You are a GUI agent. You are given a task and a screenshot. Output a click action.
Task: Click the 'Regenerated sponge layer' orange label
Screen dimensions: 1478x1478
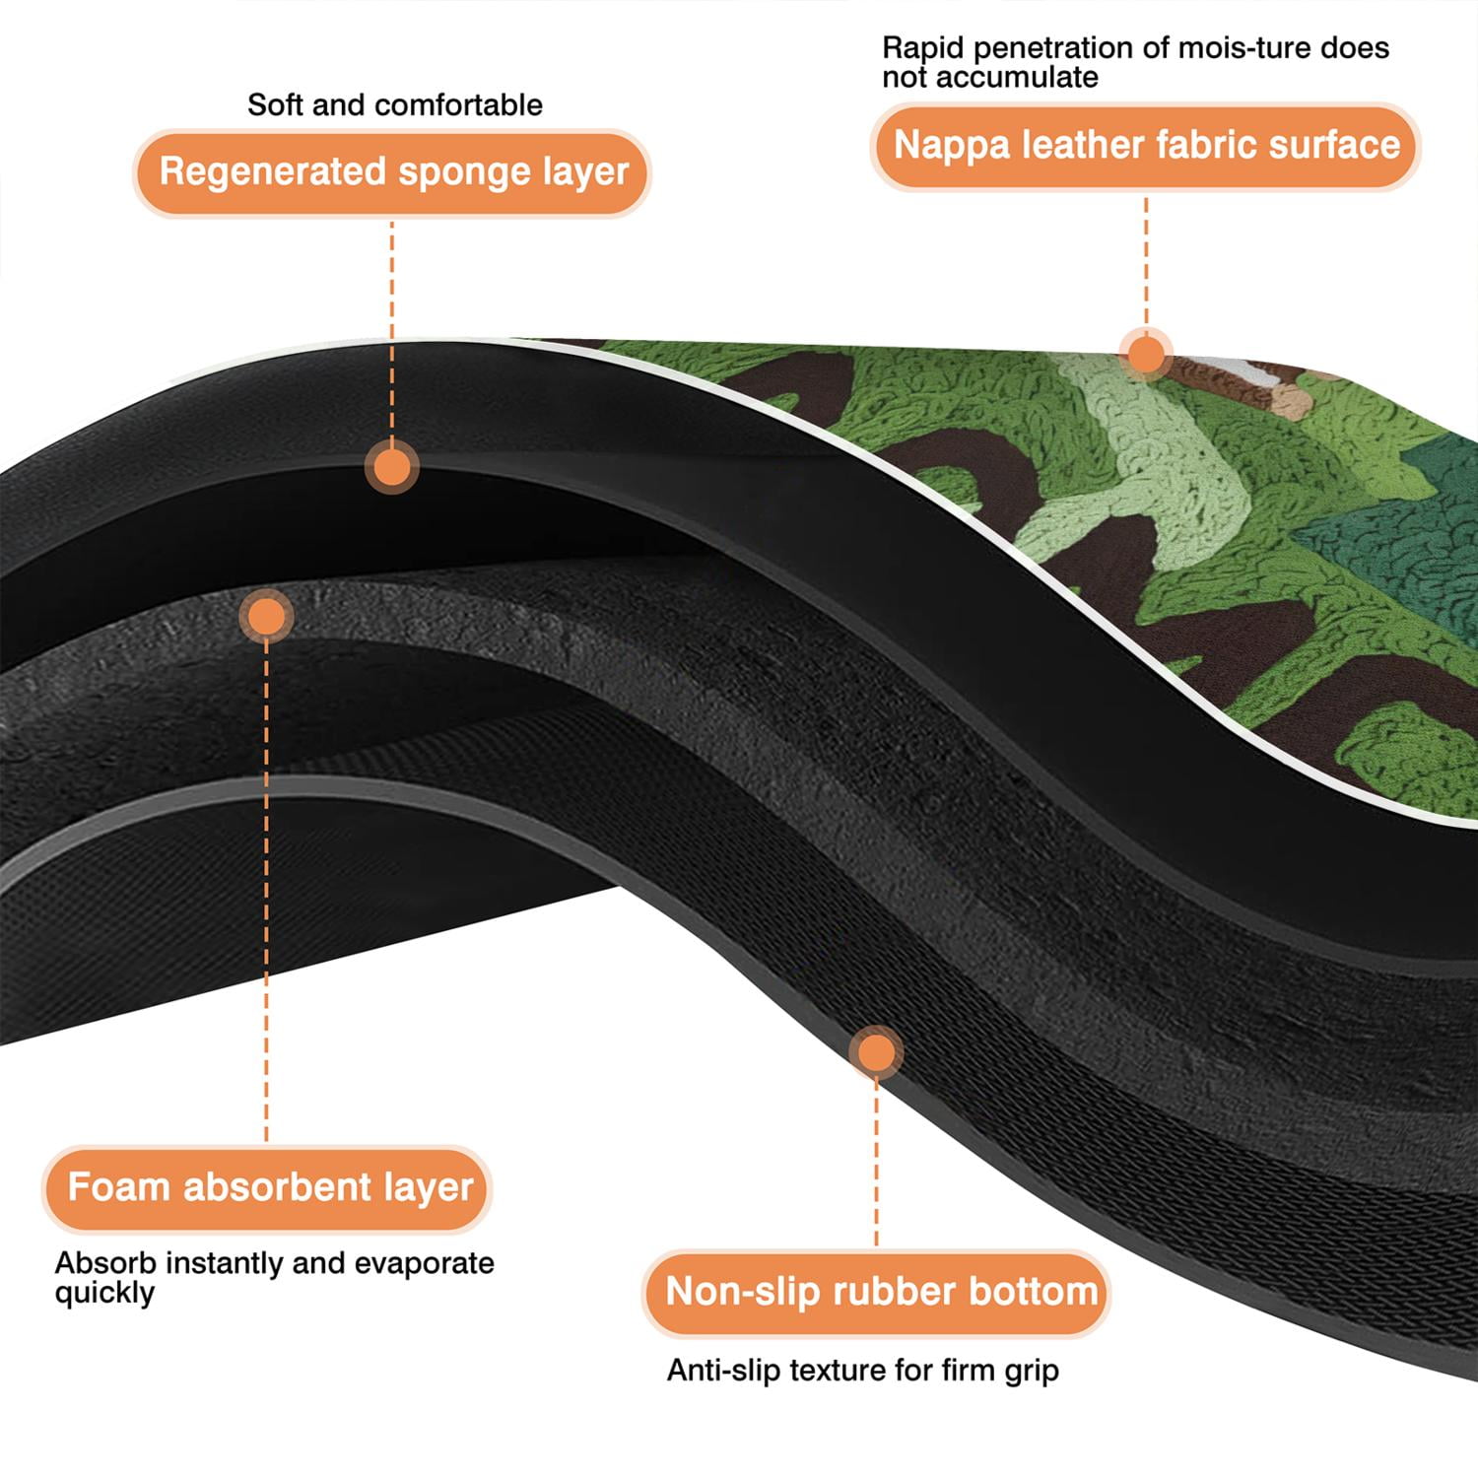click(392, 172)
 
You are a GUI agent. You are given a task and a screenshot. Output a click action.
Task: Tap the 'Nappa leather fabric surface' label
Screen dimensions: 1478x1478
click(1146, 146)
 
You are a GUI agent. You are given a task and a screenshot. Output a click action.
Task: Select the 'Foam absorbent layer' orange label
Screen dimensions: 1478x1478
click(266, 1188)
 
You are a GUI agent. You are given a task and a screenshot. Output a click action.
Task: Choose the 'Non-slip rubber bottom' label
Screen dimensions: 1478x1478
click(877, 1292)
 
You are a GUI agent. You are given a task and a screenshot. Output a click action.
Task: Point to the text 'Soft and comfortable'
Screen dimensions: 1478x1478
click(394, 104)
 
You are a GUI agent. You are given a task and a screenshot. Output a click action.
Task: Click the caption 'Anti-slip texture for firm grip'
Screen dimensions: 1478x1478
click(863, 1370)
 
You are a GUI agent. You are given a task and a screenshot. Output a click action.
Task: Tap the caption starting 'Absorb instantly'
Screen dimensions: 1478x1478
click(274, 1277)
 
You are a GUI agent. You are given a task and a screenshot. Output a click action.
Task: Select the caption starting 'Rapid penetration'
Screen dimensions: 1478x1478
click(1135, 61)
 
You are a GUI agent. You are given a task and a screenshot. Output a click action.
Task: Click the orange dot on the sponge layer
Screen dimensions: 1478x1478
click(392, 466)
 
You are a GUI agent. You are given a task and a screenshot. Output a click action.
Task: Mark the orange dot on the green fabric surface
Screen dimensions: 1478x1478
click(1145, 353)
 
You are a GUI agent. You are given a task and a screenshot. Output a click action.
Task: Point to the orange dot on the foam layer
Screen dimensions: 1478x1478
click(266, 617)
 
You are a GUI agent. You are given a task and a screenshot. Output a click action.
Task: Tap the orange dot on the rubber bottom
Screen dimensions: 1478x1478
click(876, 1052)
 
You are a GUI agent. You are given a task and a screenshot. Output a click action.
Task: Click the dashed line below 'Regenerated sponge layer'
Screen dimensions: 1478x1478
click(392, 329)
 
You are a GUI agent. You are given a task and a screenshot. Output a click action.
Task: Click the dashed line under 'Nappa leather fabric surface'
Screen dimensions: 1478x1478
click(1146, 258)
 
